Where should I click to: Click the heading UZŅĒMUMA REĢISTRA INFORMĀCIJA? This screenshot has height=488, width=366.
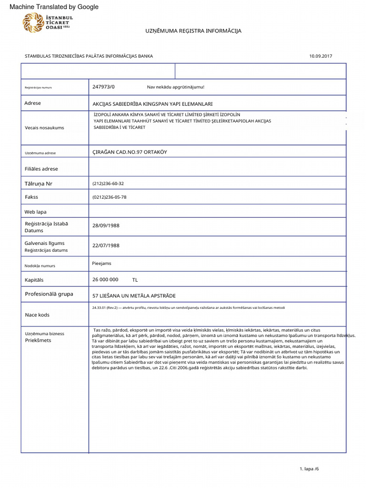[x=193, y=31]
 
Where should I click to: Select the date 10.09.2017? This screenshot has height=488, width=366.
[x=320, y=56]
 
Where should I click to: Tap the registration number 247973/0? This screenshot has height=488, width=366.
[x=103, y=87]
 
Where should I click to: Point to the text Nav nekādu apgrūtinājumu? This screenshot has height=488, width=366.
[x=175, y=87]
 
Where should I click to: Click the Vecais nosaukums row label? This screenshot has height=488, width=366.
[x=44, y=128]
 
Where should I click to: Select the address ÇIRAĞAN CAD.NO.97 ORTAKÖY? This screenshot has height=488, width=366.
[x=130, y=152]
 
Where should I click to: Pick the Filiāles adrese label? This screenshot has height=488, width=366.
[x=41, y=169]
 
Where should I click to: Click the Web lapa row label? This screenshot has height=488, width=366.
[x=36, y=212]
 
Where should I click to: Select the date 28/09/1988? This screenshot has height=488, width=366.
[x=106, y=225]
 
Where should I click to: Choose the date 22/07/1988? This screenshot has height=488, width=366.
[x=106, y=245]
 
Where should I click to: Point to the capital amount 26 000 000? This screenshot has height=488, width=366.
[x=105, y=280]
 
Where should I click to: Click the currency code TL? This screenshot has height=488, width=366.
[x=135, y=280]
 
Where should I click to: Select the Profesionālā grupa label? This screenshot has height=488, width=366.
[x=49, y=294]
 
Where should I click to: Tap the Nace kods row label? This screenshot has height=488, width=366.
[x=37, y=315]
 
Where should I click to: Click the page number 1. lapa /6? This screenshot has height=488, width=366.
[x=309, y=469]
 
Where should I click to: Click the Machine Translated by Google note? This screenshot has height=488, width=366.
[x=54, y=7]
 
